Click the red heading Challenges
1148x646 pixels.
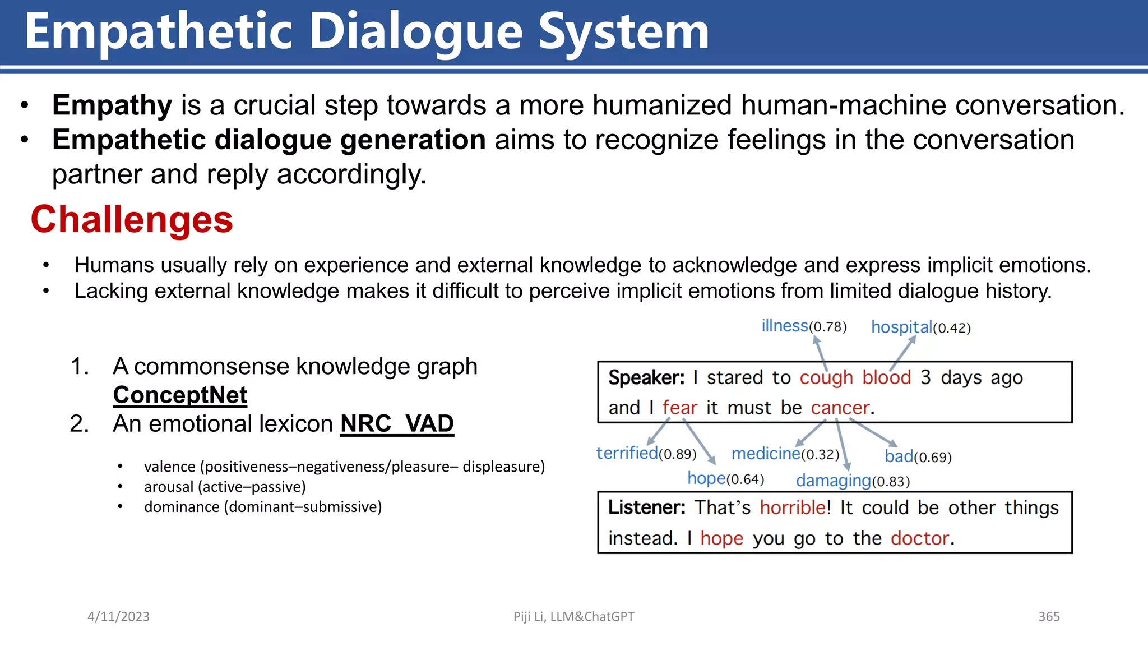pos(132,219)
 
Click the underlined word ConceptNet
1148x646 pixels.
pos(180,395)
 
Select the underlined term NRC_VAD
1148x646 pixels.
pos(397,423)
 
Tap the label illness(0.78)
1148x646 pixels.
pos(803,326)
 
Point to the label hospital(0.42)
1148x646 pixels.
pos(920,327)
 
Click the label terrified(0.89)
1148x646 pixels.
pos(646,453)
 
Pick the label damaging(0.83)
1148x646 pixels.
pos(853,481)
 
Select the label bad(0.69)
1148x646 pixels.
pos(918,456)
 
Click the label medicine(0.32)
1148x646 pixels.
pos(785,453)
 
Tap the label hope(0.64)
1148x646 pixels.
pos(725,478)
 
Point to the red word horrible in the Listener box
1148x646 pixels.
pos(792,507)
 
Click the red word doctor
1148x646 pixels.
pos(919,538)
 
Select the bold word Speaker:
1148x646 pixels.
pos(646,377)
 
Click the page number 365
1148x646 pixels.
pos(1049,616)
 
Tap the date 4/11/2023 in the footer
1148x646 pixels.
pos(118,616)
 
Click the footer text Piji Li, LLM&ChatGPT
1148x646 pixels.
pos(573,616)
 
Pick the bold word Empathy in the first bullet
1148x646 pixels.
pos(112,105)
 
